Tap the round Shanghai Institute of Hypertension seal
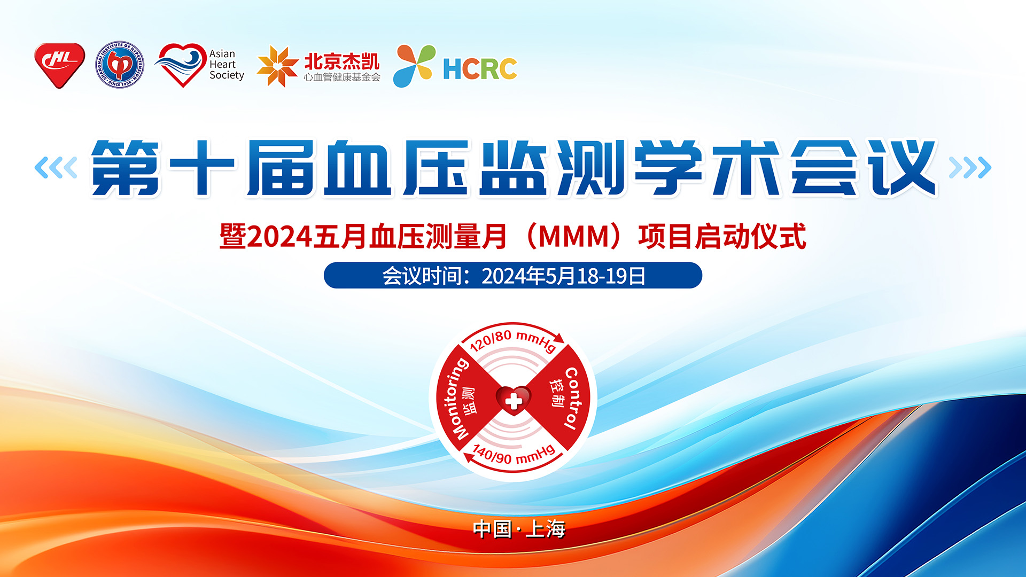coord(120,65)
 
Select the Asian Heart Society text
coord(227,65)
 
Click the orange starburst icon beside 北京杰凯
coord(277,66)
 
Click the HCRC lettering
coord(480,69)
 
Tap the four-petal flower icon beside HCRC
coord(414,66)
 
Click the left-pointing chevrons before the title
coord(56,168)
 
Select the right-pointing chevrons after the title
coord(970,168)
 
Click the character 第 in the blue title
coord(126,168)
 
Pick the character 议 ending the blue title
coord(903,168)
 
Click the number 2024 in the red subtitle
coord(279,237)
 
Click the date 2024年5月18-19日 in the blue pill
coord(564,276)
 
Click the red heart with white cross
coord(514,400)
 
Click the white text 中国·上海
coord(519,529)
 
